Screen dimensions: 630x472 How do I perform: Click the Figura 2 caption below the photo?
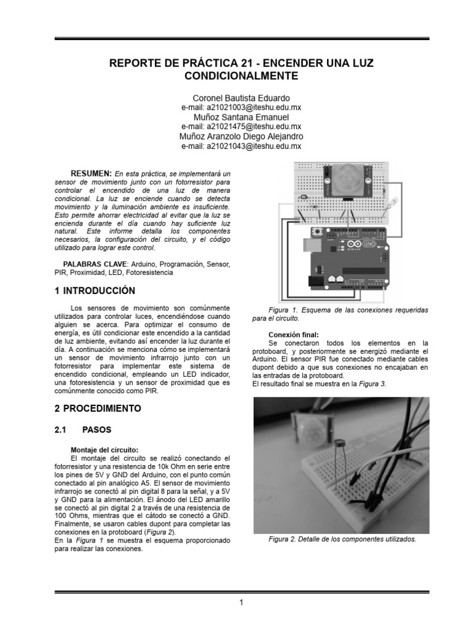342,539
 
